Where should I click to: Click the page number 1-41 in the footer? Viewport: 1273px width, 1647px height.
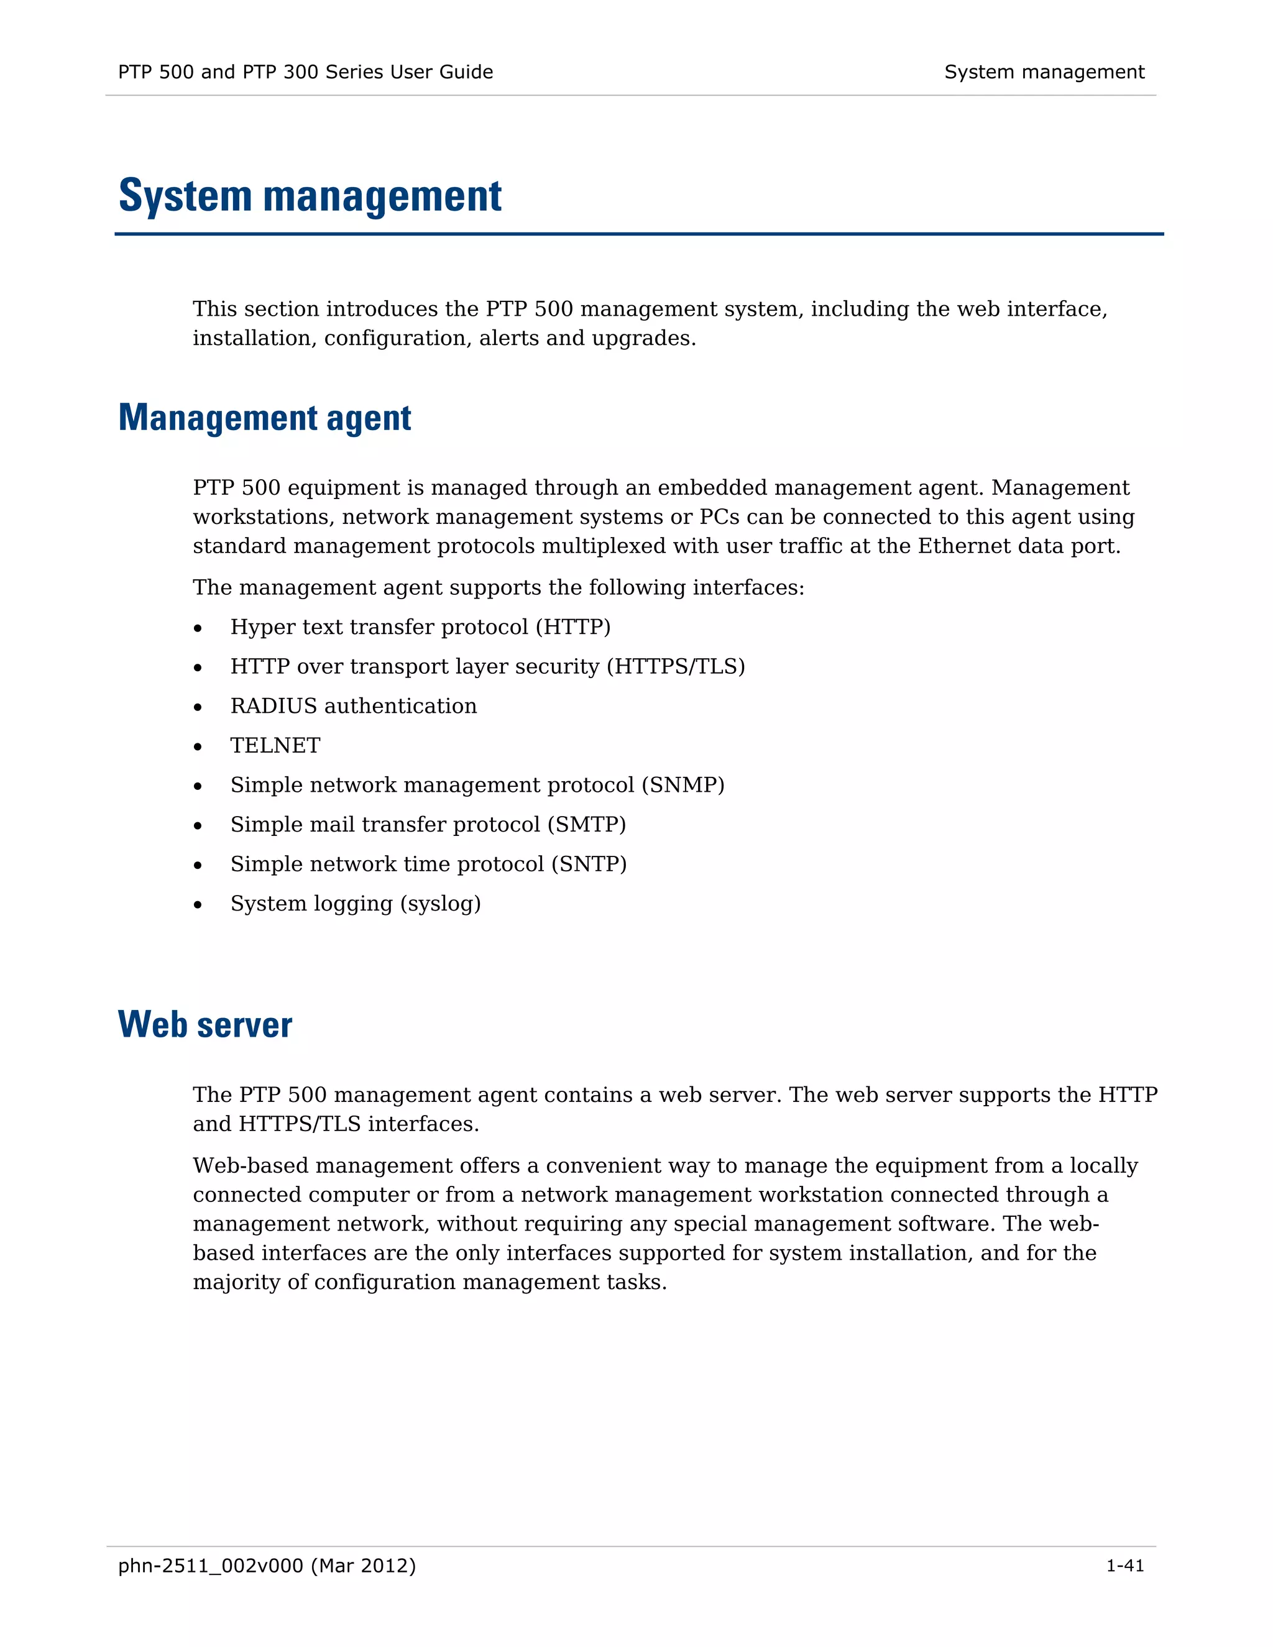click(x=1124, y=1566)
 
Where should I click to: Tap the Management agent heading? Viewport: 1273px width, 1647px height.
click(x=265, y=418)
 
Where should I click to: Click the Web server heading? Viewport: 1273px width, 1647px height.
click(x=205, y=1025)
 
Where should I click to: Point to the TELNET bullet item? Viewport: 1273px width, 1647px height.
click(x=275, y=746)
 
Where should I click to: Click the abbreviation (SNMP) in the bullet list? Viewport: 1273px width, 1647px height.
click(x=682, y=785)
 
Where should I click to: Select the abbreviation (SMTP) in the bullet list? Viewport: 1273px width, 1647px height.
click(x=586, y=824)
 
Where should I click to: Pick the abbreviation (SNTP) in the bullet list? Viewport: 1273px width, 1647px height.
click(x=588, y=865)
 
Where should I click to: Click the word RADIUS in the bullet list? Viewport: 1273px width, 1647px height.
click(x=273, y=706)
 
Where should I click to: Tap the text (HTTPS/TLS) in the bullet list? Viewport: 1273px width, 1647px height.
click(x=676, y=667)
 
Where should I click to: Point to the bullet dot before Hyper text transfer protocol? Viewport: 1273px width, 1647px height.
click(x=198, y=628)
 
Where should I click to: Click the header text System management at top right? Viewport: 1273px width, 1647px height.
click(x=1044, y=72)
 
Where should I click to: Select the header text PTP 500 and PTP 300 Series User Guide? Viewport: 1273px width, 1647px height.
click(x=305, y=72)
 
